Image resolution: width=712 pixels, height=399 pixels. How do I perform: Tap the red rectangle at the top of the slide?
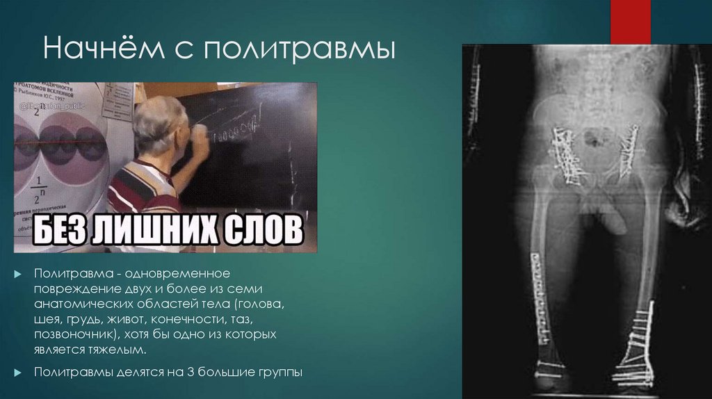[x=630, y=21]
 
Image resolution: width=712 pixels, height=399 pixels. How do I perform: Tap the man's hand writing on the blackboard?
[x=201, y=135]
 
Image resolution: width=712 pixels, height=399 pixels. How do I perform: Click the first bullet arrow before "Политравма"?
[x=19, y=274]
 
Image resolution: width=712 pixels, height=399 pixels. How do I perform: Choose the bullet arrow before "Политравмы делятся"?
[x=19, y=372]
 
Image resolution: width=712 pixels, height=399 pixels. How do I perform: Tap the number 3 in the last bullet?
[x=188, y=372]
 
